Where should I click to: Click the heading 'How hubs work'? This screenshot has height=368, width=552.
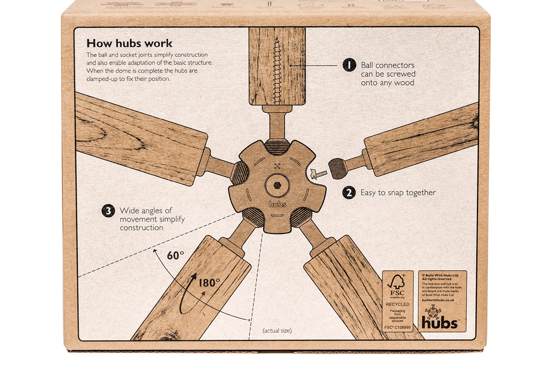pyautogui.click(x=129, y=43)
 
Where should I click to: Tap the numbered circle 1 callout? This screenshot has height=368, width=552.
pyautogui.click(x=349, y=65)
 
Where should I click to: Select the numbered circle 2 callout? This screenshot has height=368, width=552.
pyautogui.click(x=349, y=193)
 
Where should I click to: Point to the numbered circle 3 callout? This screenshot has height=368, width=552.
pyautogui.click(x=108, y=211)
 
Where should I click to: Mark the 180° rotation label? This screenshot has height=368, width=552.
pyautogui.click(x=209, y=282)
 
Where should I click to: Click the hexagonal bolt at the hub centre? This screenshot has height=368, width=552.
pyautogui.click(x=275, y=185)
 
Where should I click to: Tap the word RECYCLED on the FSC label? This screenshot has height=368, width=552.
pyautogui.click(x=397, y=304)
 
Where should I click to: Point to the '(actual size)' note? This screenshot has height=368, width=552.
pyautogui.click(x=277, y=330)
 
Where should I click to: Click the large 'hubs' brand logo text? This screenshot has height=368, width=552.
pyautogui.click(x=439, y=322)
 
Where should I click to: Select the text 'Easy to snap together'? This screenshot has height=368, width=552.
pyautogui.click(x=398, y=193)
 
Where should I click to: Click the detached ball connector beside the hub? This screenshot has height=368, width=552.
pyautogui.click(x=337, y=167)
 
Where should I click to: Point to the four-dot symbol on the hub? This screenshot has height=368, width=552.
pyautogui.click(x=277, y=166)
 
